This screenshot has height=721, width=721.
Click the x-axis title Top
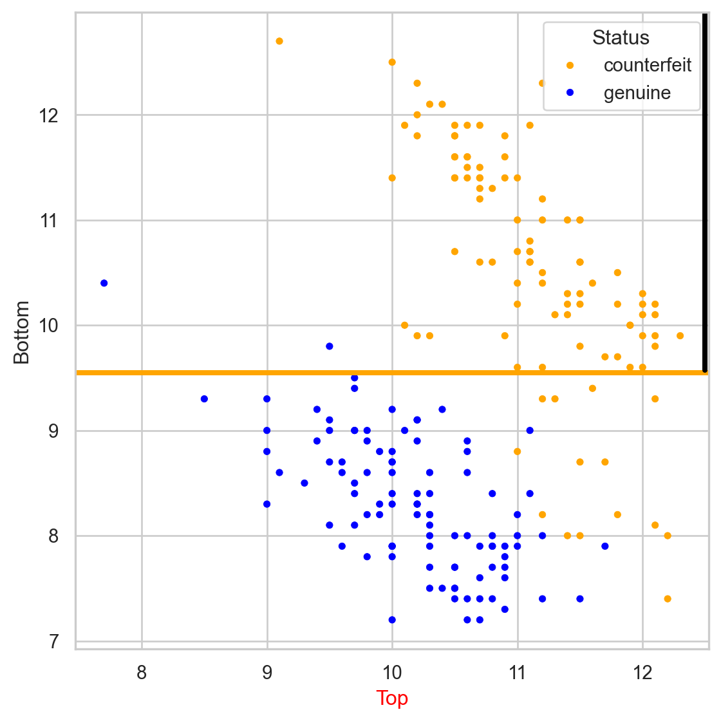[392, 698]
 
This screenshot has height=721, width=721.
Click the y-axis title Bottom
[22, 332]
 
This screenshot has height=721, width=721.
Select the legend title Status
[621, 37]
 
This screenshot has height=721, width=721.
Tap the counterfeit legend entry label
[648, 65]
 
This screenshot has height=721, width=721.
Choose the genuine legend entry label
[637, 93]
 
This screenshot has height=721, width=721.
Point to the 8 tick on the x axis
[142, 673]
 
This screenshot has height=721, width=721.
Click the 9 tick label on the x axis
[267, 673]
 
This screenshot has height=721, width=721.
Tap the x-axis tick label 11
[517, 673]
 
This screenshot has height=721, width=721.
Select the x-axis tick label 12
[642, 673]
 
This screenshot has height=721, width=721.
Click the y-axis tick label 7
[54, 641]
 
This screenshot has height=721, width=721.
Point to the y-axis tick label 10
[50, 326]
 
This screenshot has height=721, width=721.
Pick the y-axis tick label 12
[50, 116]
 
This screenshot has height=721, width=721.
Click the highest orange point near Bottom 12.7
[279, 41]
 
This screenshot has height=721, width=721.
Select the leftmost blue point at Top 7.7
[104, 283]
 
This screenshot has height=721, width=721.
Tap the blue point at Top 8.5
[204, 399]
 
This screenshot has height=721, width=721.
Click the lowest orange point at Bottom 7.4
[668, 599]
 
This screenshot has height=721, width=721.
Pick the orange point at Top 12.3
[680, 336]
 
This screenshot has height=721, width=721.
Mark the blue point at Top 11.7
[605, 547]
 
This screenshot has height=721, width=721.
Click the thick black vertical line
[705, 193]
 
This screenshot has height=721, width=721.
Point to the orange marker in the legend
[569, 65]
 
